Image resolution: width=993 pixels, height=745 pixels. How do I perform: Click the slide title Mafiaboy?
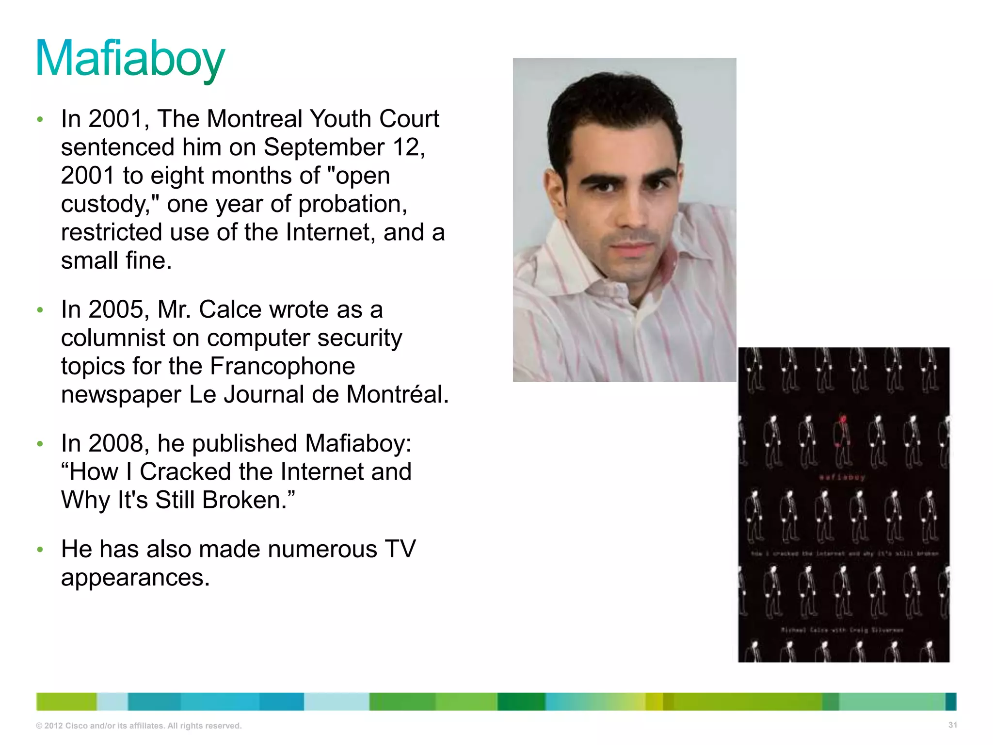coord(130,59)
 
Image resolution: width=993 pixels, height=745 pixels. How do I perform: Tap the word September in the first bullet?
coord(324,147)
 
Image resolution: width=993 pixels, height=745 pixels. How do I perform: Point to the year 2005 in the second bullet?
coord(118,309)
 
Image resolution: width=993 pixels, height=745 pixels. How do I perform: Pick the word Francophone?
coord(283,366)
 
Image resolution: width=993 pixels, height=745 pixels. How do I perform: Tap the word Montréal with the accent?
coord(398,394)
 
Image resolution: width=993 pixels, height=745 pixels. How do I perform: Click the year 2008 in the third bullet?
coord(118,443)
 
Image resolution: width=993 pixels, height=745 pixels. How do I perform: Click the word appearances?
coord(135,578)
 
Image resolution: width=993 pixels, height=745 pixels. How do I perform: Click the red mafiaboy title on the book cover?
coord(842,477)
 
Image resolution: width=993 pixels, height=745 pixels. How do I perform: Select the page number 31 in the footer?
coord(952,725)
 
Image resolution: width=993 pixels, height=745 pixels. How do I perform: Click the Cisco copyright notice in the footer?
coord(139,726)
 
